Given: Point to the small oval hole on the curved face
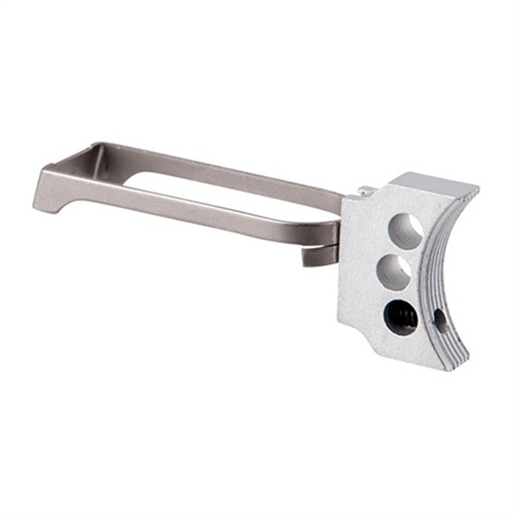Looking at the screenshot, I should [x=441, y=319].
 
